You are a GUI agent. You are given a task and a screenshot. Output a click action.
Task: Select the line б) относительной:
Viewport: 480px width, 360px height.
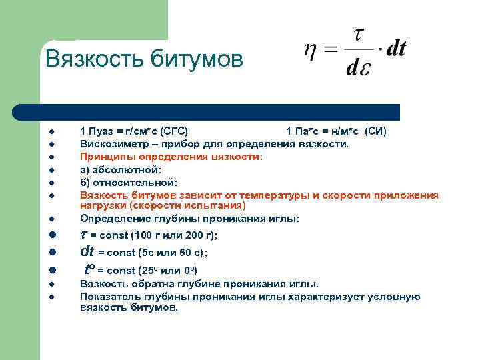[128, 182]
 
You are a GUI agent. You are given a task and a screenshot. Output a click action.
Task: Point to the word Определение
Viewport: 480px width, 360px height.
[112, 219]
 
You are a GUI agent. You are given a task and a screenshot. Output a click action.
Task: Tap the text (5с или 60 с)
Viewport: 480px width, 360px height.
[171, 253]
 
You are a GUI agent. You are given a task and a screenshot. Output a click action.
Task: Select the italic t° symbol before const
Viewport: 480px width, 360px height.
[91, 269]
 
